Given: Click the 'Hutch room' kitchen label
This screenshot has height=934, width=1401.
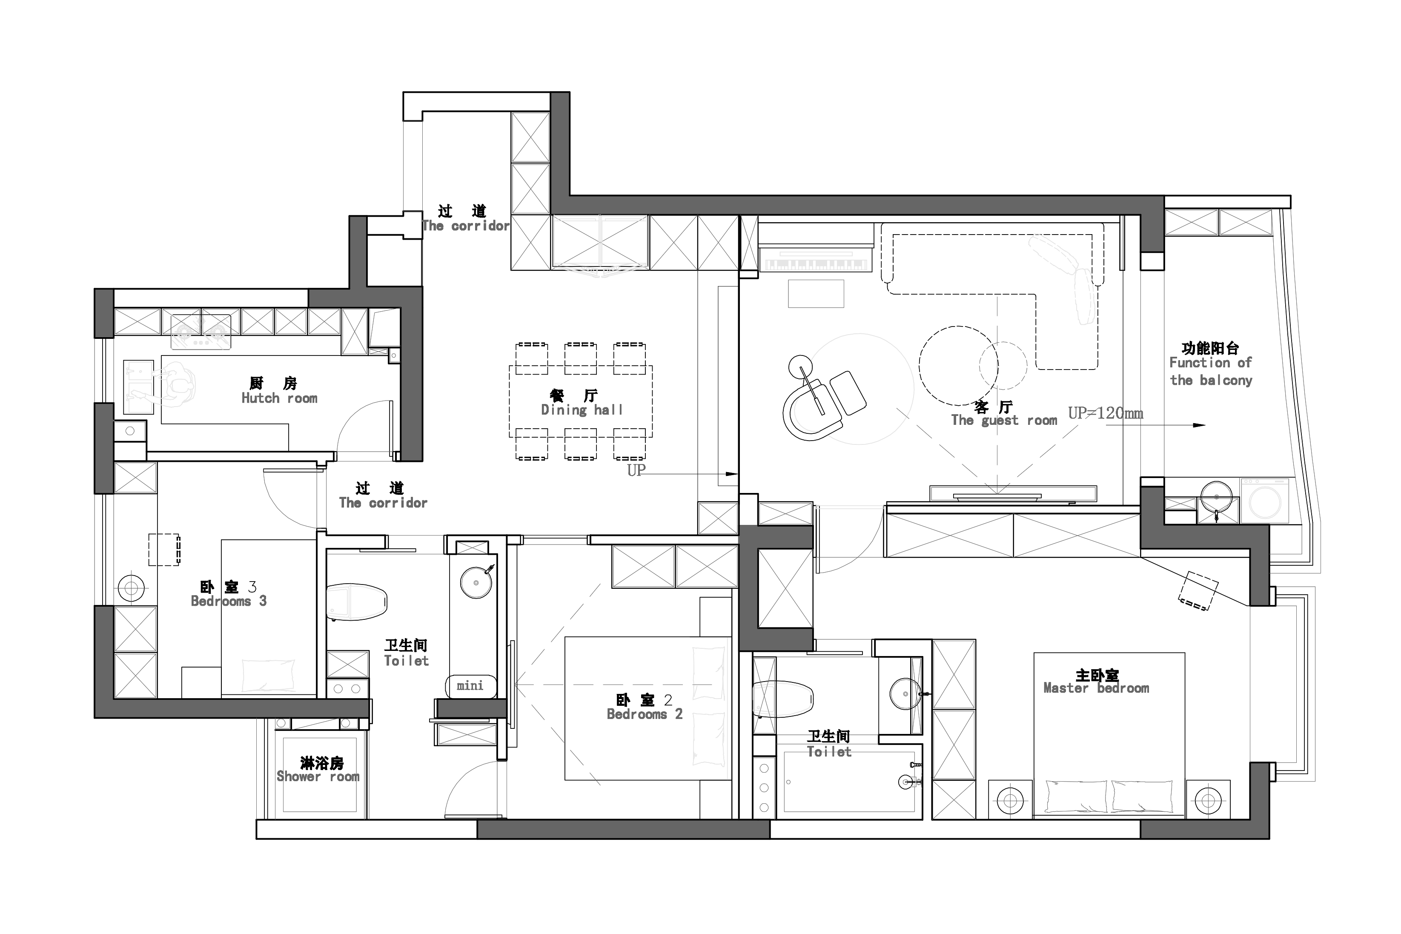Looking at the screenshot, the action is point(279,398).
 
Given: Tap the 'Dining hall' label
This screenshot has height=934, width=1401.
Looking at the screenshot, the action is point(582,410).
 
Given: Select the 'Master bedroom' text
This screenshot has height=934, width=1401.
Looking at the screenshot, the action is point(1097,688).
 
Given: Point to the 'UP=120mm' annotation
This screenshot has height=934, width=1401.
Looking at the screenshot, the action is point(1106,413).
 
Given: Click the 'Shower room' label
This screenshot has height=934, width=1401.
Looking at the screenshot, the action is point(318,776).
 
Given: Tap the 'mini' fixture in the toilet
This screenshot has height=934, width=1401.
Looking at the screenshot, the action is point(470,686).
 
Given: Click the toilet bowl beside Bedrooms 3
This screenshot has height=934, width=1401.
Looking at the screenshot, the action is point(357,602).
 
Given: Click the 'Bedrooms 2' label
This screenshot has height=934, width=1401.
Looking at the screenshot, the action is point(645,713).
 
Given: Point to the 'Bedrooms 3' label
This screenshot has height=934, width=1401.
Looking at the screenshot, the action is point(229,601).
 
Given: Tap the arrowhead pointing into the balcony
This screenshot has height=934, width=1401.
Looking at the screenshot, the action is point(1199,425).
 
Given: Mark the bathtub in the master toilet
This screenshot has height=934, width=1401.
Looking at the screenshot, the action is point(849,782).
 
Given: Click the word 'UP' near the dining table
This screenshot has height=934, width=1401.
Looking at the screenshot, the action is point(636,470).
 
